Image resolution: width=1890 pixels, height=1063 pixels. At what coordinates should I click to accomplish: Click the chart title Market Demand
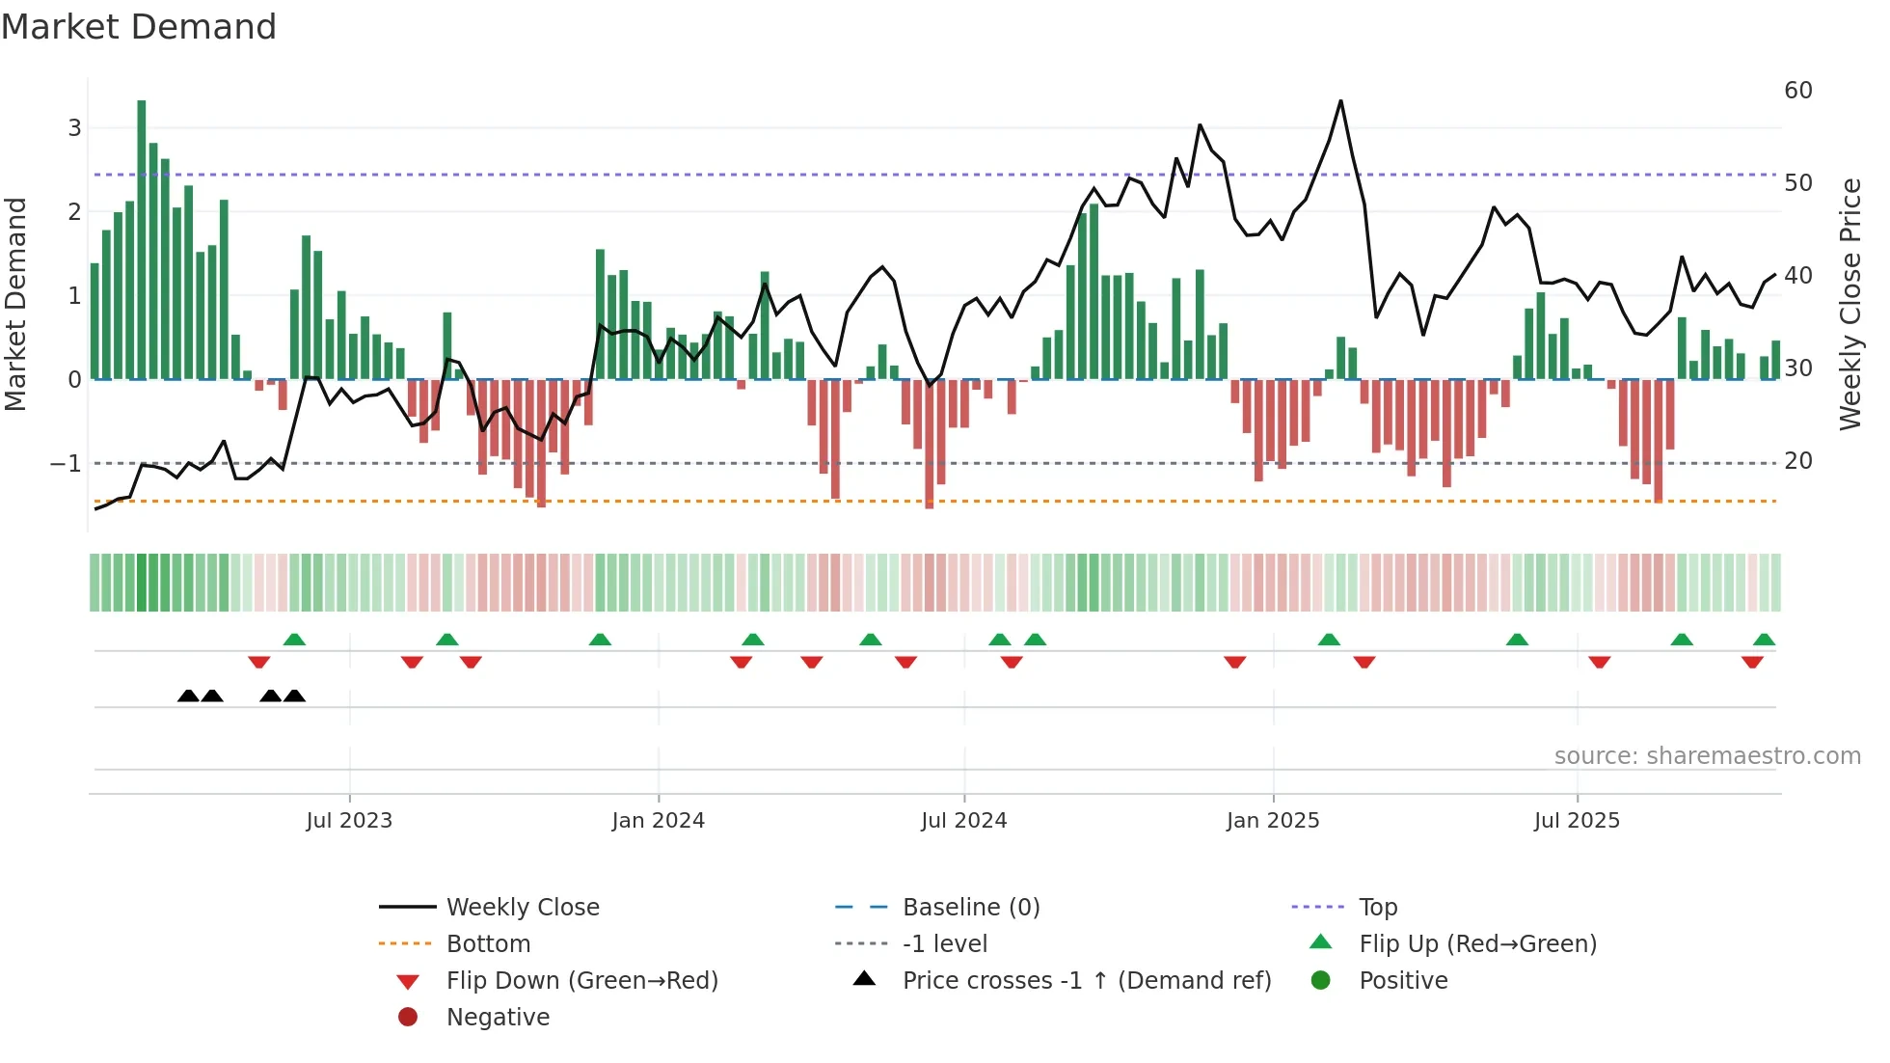[x=139, y=27]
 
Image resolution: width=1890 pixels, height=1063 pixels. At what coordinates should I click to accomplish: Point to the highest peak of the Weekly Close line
[x=1340, y=101]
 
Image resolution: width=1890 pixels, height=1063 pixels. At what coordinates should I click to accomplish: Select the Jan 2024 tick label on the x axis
[x=658, y=821]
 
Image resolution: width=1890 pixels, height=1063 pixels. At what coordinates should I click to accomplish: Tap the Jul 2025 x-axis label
[x=1577, y=821]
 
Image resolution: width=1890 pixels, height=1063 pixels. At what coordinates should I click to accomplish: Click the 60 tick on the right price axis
[x=1798, y=91]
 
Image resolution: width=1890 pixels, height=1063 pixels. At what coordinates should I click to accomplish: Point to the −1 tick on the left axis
[x=66, y=464]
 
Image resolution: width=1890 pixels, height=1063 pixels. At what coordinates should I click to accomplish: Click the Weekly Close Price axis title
[x=1849, y=304]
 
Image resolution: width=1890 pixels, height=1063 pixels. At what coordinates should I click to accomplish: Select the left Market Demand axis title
[x=15, y=304]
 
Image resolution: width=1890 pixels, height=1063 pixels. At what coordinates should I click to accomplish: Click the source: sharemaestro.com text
[x=1707, y=756]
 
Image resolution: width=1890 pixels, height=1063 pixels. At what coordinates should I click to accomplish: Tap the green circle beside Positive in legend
[x=1321, y=981]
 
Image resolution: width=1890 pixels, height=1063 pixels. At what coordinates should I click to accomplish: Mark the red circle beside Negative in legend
[x=408, y=1018]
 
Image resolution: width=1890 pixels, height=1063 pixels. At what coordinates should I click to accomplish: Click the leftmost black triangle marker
[x=189, y=696]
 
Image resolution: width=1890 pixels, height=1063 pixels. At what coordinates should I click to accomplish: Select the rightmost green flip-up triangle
[x=1764, y=640]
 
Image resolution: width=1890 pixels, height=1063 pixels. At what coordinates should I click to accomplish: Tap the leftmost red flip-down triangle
[x=258, y=662]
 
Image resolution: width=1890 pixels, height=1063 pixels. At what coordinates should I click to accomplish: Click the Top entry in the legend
[x=1377, y=908]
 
